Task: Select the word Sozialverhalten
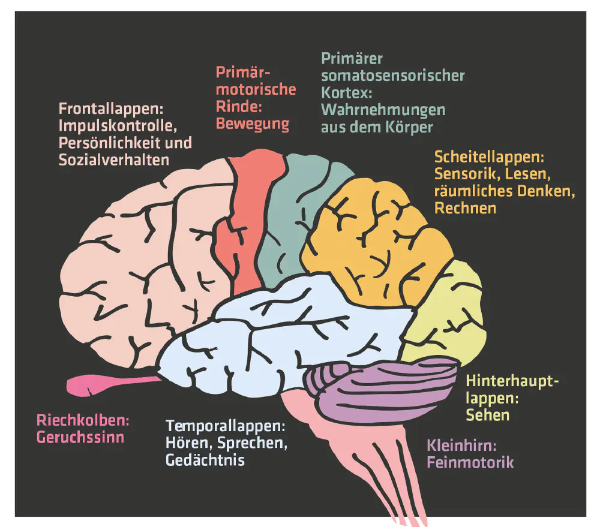[x=114, y=160]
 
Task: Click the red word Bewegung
[x=253, y=124]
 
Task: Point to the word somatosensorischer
[x=393, y=76]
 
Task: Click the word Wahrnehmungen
[x=383, y=110]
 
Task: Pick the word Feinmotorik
[x=470, y=462]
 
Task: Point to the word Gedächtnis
[x=205, y=460]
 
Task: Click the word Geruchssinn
[x=80, y=436]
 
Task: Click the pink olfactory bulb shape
[x=102, y=384]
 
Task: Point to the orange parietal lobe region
[x=378, y=240]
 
